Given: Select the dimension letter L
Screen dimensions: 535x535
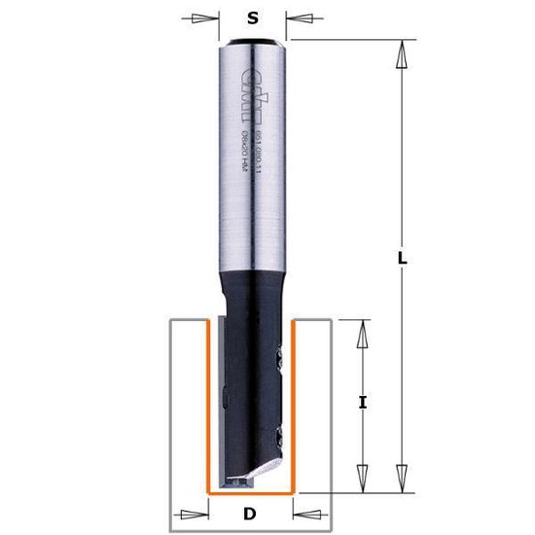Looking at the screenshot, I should point(404,262).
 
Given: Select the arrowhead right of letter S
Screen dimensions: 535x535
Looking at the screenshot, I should point(301,18).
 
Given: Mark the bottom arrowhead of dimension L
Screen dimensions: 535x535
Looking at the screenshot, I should point(400,476).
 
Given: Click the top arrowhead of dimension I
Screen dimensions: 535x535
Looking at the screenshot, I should point(362,336).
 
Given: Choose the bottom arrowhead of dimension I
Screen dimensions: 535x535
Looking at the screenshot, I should point(362,476).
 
